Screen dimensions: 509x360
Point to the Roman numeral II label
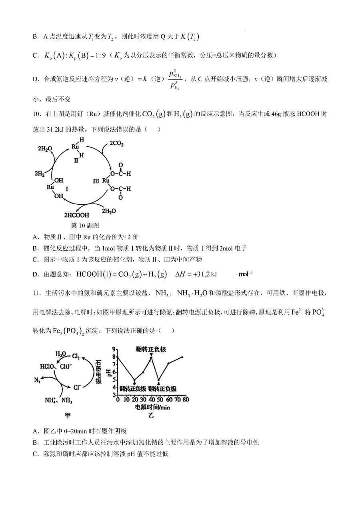point(76,160)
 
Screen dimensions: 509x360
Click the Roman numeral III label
point(96,181)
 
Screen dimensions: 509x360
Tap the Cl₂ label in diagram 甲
point(77,355)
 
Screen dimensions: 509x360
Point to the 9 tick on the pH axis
point(114,349)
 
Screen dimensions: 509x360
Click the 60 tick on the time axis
point(168,399)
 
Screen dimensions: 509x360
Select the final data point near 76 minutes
point(182,357)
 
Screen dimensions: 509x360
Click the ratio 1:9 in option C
point(98,55)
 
